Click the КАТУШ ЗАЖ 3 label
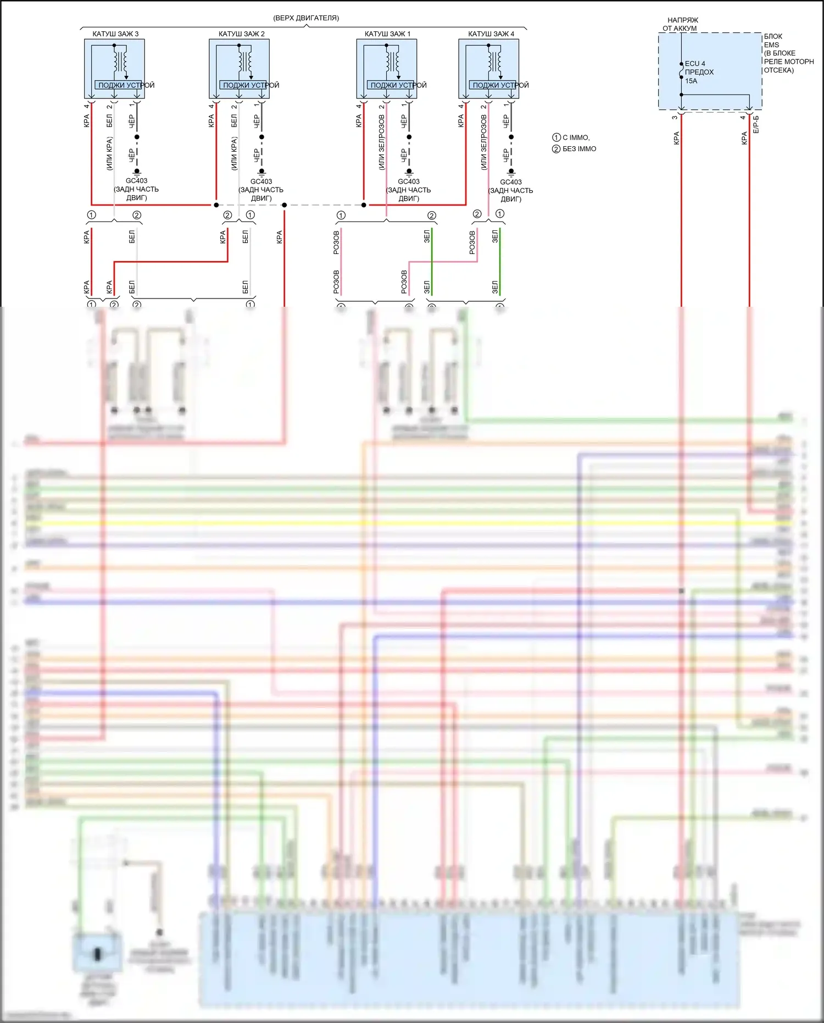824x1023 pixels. [115, 34]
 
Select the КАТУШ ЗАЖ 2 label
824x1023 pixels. [241, 34]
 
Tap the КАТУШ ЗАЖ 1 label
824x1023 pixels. [387, 34]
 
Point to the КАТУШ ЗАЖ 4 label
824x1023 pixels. [491, 34]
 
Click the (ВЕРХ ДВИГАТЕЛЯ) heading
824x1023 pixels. [306, 18]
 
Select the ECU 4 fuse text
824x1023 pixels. [695, 64]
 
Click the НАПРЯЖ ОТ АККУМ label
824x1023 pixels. [681, 24]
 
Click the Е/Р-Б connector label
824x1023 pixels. [756, 124]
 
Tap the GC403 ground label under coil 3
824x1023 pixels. [136, 181]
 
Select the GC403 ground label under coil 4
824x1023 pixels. [511, 182]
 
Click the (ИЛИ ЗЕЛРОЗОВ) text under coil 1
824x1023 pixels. [382, 142]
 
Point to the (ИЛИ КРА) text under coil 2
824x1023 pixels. [235, 153]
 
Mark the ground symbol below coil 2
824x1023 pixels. [261, 172]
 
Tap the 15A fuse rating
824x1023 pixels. [691, 81]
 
